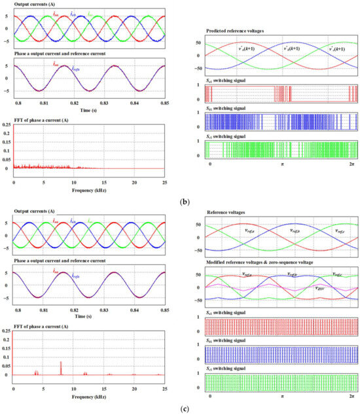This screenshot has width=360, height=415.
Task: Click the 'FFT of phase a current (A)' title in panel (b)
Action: (48, 118)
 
